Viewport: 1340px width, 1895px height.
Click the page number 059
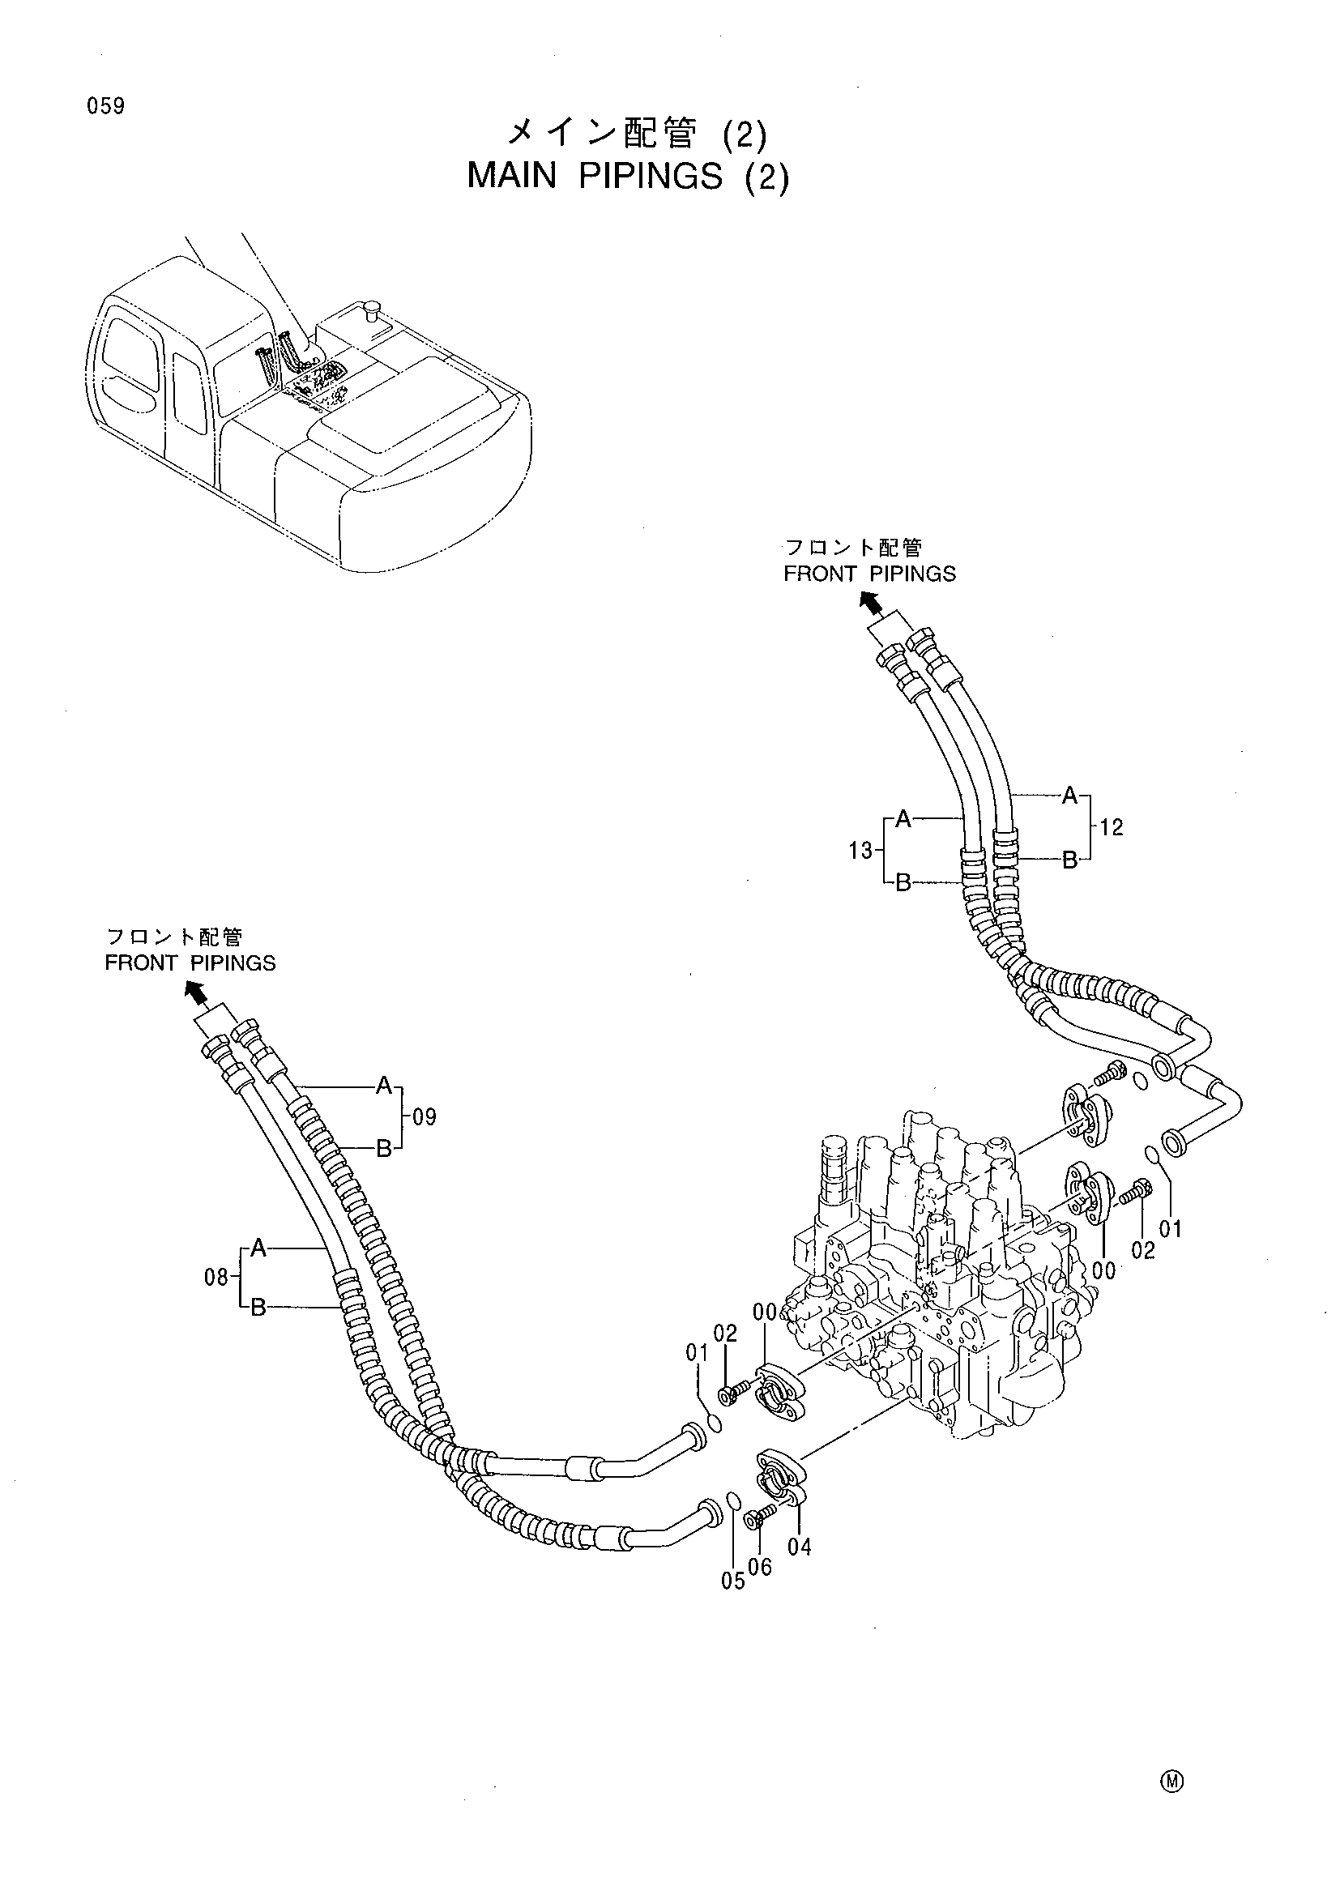(x=104, y=106)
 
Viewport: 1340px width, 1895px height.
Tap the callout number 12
(x=1112, y=827)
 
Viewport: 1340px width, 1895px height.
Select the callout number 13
(x=860, y=850)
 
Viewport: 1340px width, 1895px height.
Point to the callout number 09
(x=424, y=1117)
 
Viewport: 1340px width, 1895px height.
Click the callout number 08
(x=216, y=1278)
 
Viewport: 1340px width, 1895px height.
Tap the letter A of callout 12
(x=1069, y=796)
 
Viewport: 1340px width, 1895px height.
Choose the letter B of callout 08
(x=258, y=1308)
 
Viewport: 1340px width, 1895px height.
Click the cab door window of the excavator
(x=190, y=393)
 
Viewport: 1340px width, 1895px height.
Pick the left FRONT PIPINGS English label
(x=190, y=963)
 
